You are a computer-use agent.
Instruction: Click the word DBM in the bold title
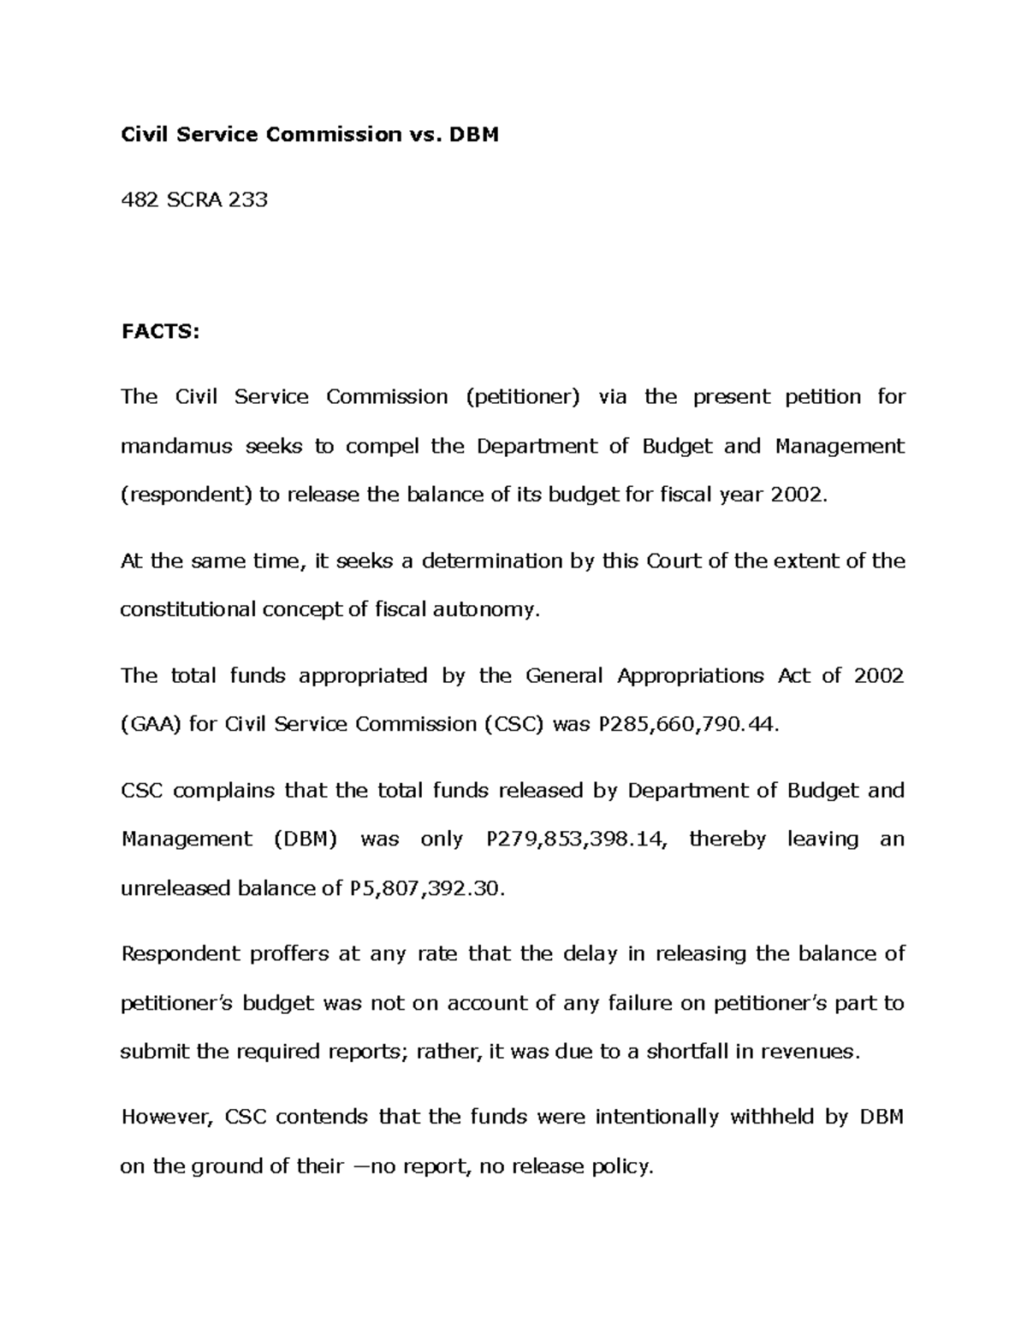[475, 134]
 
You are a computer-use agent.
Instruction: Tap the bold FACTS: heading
[159, 331]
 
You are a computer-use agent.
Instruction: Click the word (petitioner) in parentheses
[523, 397]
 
